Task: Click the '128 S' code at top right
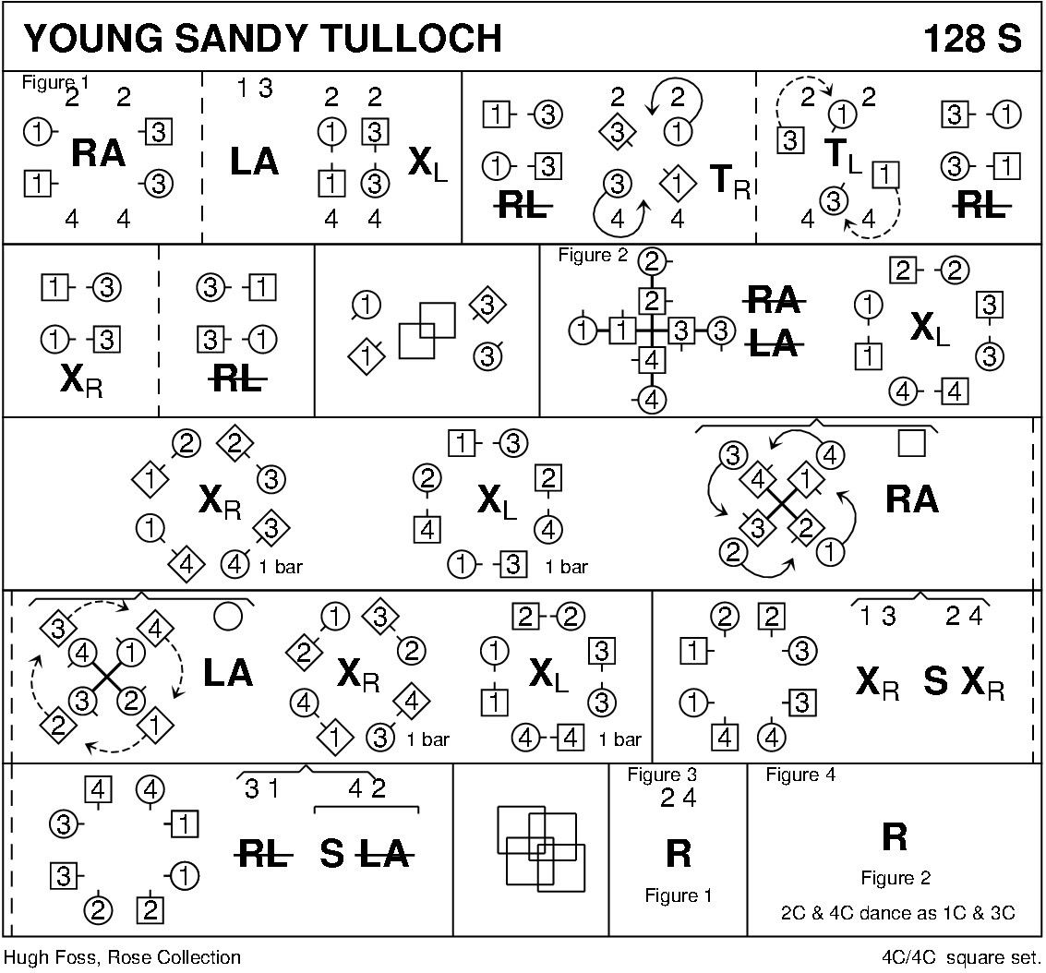(971, 39)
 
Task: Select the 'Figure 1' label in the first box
(54, 82)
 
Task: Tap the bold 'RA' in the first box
(99, 153)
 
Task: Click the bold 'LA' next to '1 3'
(254, 162)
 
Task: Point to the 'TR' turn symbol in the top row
(728, 181)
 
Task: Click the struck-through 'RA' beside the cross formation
(773, 300)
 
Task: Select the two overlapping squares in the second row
(427, 330)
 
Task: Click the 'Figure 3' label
(661, 775)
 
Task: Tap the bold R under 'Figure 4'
(894, 836)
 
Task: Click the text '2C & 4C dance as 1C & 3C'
(896, 913)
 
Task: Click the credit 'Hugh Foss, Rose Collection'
(122, 957)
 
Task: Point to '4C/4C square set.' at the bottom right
(960, 957)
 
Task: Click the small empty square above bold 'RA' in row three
(911, 445)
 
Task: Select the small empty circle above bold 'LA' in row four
(227, 614)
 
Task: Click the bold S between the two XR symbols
(935, 681)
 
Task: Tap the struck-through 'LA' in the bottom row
(382, 855)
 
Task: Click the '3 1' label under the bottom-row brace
(262, 789)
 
